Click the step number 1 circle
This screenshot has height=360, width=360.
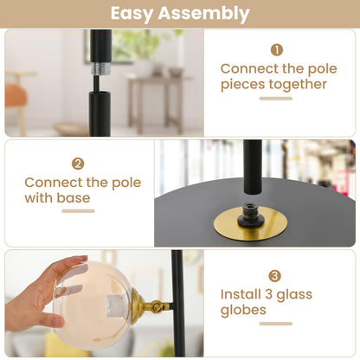[276, 49]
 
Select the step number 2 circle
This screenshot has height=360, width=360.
[78, 163]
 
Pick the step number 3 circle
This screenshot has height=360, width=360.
[274, 275]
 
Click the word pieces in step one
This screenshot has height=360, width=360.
[245, 85]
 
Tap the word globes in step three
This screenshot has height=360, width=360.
[243, 311]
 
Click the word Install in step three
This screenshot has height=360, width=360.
[245, 294]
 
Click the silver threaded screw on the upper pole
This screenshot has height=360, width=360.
[100, 67]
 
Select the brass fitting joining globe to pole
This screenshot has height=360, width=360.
[149, 304]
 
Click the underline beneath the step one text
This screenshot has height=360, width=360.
[275, 99]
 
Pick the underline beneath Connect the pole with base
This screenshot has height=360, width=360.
[78, 212]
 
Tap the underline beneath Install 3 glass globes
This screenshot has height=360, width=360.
[275, 325]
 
